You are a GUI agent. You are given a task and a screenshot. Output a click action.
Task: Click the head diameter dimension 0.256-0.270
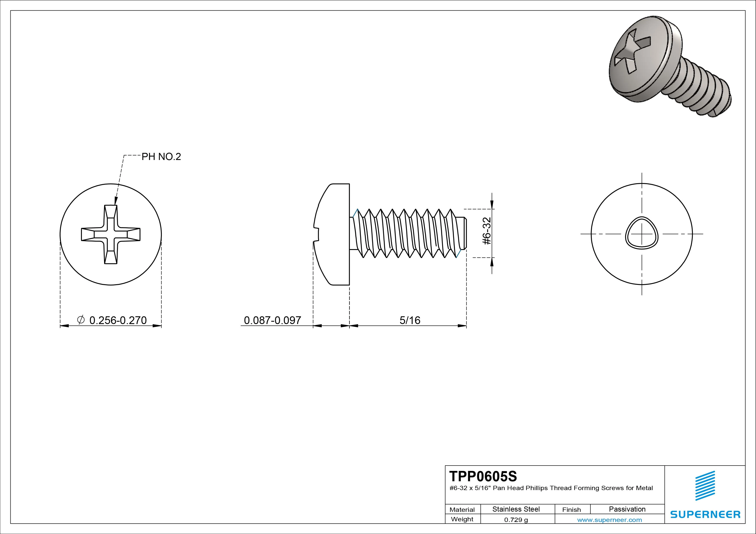(x=118, y=320)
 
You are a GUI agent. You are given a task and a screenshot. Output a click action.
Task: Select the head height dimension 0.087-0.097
(x=272, y=320)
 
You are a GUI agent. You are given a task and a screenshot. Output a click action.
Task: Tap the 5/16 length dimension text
(x=410, y=320)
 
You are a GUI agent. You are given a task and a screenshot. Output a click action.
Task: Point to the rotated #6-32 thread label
(x=487, y=231)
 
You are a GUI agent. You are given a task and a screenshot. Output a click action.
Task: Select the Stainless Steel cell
(x=516, y=509)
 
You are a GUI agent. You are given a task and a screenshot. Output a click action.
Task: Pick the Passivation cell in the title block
(x=627, y=509)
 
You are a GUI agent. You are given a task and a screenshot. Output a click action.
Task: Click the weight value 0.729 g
(x=516, y=520)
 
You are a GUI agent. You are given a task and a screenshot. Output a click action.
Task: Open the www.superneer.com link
(x=609, y=520)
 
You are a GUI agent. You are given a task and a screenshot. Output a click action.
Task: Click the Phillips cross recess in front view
(x=111, y=234)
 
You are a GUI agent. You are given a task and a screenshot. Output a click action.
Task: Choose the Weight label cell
(x=462, y=519)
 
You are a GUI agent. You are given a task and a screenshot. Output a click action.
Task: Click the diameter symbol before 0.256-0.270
(x=81, y=320)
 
